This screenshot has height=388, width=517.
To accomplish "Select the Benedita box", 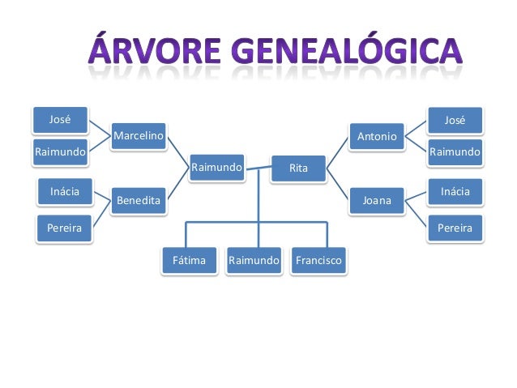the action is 139,199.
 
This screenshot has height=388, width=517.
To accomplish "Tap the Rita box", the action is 298,168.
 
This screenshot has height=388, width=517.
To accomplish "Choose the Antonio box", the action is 377,136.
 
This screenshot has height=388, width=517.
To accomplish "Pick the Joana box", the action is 377,200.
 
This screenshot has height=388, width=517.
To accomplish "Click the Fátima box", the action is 188,261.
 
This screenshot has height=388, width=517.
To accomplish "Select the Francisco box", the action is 318,261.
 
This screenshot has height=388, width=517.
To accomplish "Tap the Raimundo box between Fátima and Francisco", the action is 254,261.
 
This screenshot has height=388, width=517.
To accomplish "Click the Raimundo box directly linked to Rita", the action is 216,168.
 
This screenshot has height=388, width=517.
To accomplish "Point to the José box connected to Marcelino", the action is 60,120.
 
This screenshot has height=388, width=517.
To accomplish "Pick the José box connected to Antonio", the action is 455,121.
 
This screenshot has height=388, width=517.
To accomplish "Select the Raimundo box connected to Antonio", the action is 455,151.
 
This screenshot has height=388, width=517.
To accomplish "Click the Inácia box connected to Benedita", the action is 64,191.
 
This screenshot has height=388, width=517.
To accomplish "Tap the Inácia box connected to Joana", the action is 455,191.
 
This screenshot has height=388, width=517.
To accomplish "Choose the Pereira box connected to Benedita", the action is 64,228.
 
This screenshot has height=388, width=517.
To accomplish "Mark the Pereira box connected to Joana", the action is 455,228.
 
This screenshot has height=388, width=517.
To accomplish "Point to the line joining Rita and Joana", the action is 339,183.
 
